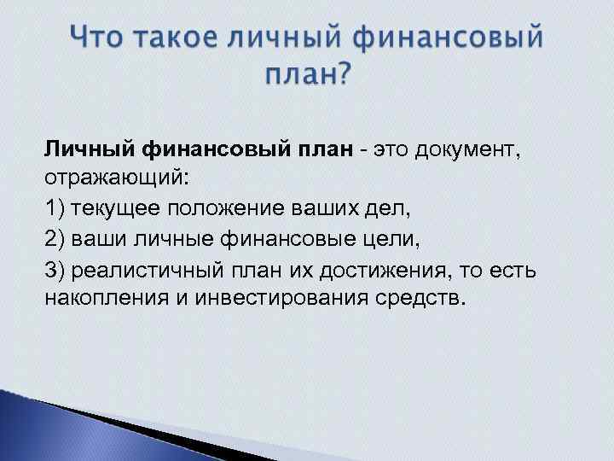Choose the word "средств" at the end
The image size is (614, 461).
[x=419, y=300]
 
